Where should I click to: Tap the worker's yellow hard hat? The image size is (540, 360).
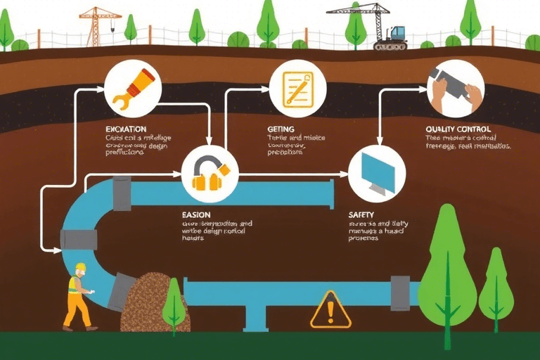click(x=80, y=268)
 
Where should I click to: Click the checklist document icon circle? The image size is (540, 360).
click(x=298, y=89)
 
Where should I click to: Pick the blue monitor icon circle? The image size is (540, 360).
click(x=377, y=174)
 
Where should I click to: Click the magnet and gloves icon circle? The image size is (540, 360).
click(x=210, y=174)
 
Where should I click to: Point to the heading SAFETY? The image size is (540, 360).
click(x=361, y=214)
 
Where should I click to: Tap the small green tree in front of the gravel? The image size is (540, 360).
click(x=174, y=307)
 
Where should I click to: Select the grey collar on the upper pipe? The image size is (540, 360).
click(x=122, y=193)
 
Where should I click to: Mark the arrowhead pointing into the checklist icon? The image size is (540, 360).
click(x=267, y=89)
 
